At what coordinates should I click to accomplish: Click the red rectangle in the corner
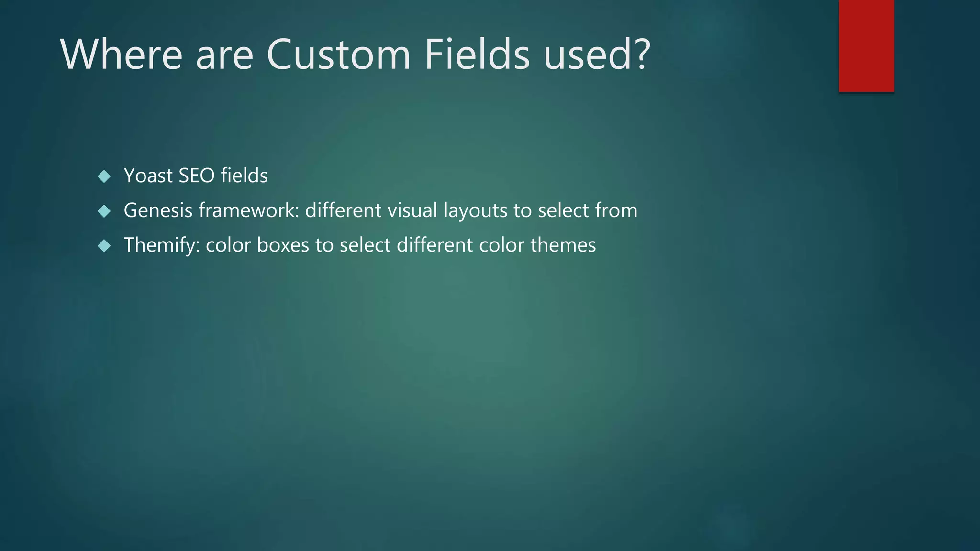click(x=866, y=45)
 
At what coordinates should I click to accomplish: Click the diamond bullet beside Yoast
click(x=104, y=176)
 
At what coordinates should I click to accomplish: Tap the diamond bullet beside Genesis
click(x=104, y=211)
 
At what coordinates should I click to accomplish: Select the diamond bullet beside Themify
click(x=104, y=246)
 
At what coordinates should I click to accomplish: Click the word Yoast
click(x=148, y=176)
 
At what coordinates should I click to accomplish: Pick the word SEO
click(x=197, y=176)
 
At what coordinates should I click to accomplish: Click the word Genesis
click(x=158, y=210)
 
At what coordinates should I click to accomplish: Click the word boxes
click(x=283, y=245)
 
